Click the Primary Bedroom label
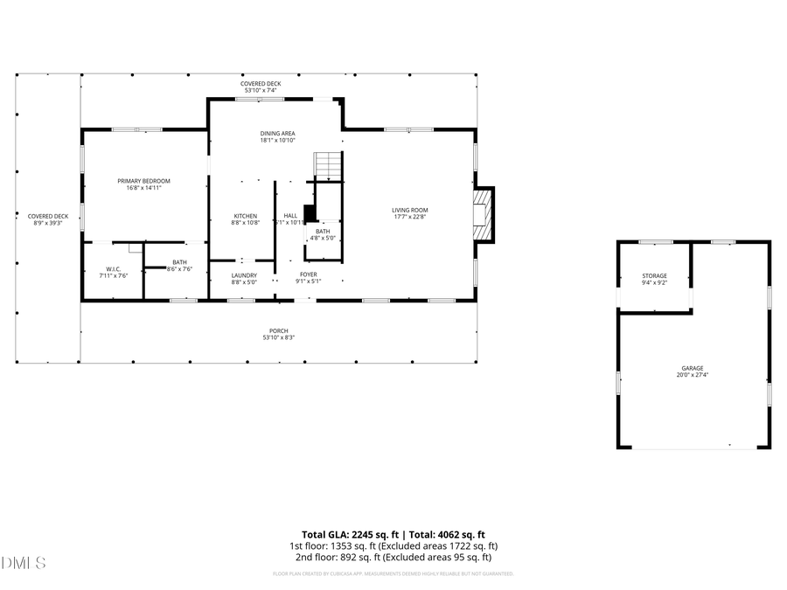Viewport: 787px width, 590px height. pyautogui.click(x=143, y=184)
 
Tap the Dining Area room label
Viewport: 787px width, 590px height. pyautogui.click(x=277, y=136)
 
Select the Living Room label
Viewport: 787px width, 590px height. pyautogui.click(x=409, y=213)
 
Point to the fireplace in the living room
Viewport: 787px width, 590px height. pyautogui.click(x=482, y=213)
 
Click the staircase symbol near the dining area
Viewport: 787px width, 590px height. pyautogui.click(x=327, y=164)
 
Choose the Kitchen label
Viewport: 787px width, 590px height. pyautogui.click(x=245, y=219)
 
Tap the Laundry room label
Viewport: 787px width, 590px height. pyautogui.click(x=244, y=278)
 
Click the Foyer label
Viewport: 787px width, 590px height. pyautogui.click(x=308, y=277)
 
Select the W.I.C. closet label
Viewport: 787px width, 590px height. pyautogui.click(x=113, y=272)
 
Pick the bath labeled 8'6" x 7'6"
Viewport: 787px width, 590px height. pyautogui.click(x=179, y=265)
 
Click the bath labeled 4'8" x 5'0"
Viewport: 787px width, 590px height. pyautogui.click(x=323, y=234)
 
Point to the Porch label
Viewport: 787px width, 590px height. pyautogui.click(x=278, y=334)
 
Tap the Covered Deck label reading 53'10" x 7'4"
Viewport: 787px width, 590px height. pyautogui.click(x=261, y=87)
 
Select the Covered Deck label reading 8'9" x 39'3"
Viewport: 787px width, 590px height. pyautogui.click(x=47, y=219)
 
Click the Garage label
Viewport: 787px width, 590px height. pyautogui.click(x=693, y=371)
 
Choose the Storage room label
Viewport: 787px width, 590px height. pyautogui.click(x=654, y=279)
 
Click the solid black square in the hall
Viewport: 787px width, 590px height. pyautogui.click(x=309, y=212)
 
